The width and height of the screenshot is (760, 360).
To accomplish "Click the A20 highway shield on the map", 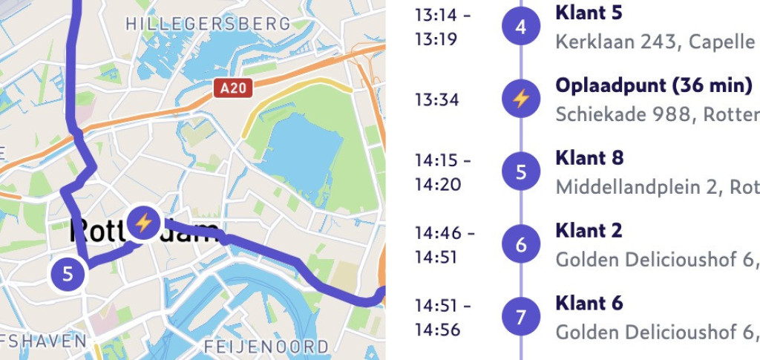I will [234, 89].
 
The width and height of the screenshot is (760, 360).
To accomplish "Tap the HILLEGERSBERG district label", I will [208, 24].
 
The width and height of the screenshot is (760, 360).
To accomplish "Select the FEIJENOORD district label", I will [266, 346].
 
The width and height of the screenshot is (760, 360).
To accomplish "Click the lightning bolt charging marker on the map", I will [143, 222].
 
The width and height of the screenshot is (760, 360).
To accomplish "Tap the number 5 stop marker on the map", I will [68, 274].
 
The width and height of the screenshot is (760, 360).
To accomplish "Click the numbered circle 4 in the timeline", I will [520, 27].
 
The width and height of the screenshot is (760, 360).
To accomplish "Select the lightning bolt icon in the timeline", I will [520, 99].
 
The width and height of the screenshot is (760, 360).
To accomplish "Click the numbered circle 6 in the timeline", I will [520, 244].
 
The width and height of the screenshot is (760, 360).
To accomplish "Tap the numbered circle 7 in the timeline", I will [520, 317].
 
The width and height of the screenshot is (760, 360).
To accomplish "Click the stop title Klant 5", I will [589, 13].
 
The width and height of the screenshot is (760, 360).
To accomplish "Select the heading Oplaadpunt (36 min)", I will [653, 85].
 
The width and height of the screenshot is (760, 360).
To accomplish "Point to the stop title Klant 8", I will [589, 157].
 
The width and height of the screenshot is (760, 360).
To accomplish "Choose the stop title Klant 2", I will [589, 230].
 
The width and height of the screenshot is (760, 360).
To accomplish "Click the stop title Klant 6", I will [589, 303].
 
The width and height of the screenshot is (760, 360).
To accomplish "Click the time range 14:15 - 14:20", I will [442, 171].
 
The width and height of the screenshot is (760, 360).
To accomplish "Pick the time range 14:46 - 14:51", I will [444, 244].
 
